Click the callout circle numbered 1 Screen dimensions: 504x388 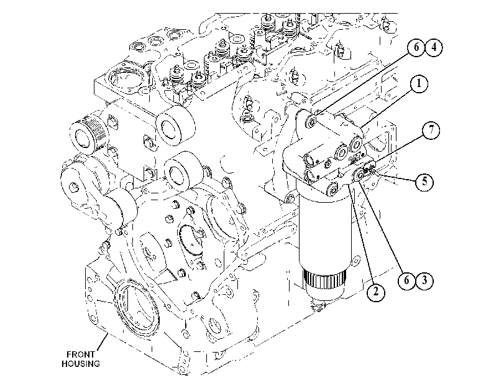(x=418, y=84)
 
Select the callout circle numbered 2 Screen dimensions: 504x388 (x=375, y=292)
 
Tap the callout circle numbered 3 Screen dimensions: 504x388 (x=425, y=280)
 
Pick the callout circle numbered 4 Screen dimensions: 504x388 (x=434, y=47)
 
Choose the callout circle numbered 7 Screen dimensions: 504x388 (x=431, y=130)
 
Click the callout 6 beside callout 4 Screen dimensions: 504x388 (x=416, y=47)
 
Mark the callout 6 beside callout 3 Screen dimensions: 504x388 (x=407, y=280)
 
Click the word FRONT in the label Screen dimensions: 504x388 (x=81, y=354)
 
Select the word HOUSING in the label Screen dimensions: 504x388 (x=81, y=364)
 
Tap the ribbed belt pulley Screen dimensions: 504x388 (x=87, y=135)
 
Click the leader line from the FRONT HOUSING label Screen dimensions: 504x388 (x=101, y=342)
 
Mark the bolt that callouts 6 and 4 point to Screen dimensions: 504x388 (x=311, y=121)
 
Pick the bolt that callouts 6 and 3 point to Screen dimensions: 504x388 (x=359, y=175)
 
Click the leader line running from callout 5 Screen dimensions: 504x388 (x=396, y=177)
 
